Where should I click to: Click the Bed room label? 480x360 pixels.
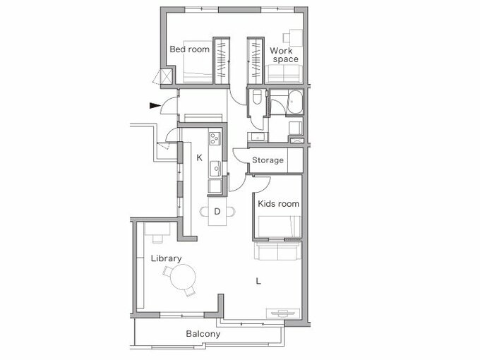(x=189, y=49)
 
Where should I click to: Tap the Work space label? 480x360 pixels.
(x=284, y=54)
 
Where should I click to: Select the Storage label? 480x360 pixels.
(x=268, y=160)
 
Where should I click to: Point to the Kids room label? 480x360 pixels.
(x=278, y=204)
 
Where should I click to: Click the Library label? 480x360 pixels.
(x=166, y=258)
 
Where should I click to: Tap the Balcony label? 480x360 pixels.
(x=203, y=334)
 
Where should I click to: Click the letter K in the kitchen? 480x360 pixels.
(x=199, y=157)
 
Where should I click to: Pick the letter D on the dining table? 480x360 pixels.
(x=217, y=210)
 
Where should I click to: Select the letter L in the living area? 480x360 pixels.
(x=258, y=281)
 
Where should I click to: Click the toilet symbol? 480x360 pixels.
(x=256, y=100)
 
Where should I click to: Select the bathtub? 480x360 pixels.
(x=294, y=102)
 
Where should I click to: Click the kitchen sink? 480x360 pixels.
(x=215, y=169)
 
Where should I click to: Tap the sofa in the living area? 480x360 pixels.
(x=277, y=251)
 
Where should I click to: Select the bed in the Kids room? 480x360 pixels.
(x=278, y=226)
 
